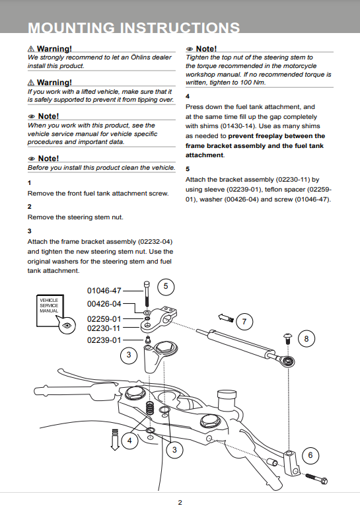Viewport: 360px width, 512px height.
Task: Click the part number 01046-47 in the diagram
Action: (x=104, y=290)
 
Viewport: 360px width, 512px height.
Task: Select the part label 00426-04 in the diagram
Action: (x=104, y=304)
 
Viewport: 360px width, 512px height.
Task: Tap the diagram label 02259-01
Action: (x=104, y=318)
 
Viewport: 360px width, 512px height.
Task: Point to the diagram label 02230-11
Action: (x=104, y=328)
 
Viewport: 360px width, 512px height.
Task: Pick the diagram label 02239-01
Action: (x=104, y=340)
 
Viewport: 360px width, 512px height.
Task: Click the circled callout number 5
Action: (x=166, y=286)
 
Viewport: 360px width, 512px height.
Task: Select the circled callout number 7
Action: (x=244, y=322)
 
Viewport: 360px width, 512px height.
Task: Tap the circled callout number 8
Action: (x=306, y=339)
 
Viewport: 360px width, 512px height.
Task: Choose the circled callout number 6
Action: (x=310, y=455)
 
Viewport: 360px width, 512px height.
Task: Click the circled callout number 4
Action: (x=129, y=441)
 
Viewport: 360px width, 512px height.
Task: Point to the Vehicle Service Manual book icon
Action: (x=50, y=311)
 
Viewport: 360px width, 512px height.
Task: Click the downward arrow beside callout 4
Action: (x=115, y=440)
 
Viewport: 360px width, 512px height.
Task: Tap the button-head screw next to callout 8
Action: (x=288, y=339)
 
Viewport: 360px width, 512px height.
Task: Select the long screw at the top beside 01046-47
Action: (x=147, y=294)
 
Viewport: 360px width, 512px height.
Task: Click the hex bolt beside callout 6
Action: (x=316, y=479)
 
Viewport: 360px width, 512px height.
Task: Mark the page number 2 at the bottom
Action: (x=180, y=503)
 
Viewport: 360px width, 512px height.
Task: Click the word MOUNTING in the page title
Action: (x=71, y=28)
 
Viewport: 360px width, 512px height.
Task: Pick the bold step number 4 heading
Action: (x=188, y=96)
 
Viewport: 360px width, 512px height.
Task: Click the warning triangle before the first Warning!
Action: (x=31, y=49)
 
